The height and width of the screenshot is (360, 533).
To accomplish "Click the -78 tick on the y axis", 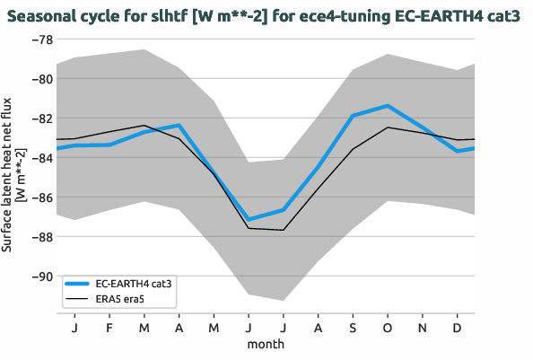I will [41, 40].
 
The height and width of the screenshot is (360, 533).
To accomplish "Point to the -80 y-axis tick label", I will [41, 79].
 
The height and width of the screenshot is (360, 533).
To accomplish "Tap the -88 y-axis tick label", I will [41, 237].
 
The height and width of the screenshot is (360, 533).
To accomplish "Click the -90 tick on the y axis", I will [41, 277].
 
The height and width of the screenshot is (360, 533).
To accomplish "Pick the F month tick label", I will [109, 328].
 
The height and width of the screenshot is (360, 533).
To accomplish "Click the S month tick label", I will [353, 328].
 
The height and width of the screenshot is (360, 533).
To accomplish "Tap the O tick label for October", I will [388, 328].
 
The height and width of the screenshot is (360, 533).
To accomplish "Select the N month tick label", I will [423, 328].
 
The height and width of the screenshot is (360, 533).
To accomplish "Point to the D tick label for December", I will [458, 328].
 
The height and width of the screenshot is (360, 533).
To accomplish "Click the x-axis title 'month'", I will [266, 344].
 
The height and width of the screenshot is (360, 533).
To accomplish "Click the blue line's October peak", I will [388, 106].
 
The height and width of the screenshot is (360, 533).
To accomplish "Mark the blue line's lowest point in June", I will [249, 219].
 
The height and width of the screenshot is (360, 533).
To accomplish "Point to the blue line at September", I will [353, 116].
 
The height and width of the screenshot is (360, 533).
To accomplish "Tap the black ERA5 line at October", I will [388, 127].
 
